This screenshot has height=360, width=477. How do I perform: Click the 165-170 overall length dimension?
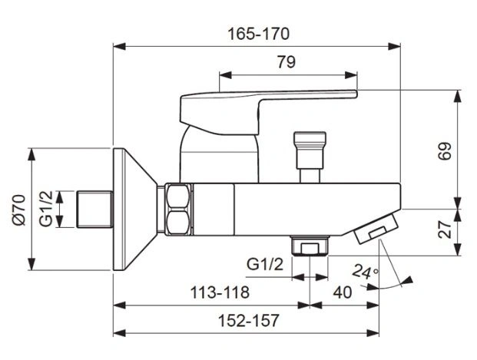point(259,34)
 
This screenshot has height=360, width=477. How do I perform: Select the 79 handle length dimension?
point(287,62)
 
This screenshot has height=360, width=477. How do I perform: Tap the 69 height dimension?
point(445,151)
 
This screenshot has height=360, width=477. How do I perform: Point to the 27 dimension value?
point(445,230)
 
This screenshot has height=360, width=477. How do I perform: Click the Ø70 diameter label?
point(19,210)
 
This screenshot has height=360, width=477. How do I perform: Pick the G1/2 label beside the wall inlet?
point(46,209)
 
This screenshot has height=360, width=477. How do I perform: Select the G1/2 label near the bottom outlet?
point(265,264)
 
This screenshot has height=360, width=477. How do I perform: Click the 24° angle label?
point(365,272)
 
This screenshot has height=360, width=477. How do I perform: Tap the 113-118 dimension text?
point(220,292)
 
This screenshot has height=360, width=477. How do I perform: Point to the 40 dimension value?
point(343,292)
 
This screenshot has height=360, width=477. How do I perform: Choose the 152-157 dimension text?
point(249,321)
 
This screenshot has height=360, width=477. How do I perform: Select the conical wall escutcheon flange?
point(134,210)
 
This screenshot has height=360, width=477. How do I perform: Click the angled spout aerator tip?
point(376,228)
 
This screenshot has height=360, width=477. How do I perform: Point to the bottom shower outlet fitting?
point(310,246)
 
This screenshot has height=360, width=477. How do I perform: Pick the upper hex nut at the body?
point(178,196)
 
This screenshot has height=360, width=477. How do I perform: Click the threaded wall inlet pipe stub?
point(95,209)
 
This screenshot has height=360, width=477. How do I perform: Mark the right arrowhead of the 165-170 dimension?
point(394,46)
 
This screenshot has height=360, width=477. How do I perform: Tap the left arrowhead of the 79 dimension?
point(225,75)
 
